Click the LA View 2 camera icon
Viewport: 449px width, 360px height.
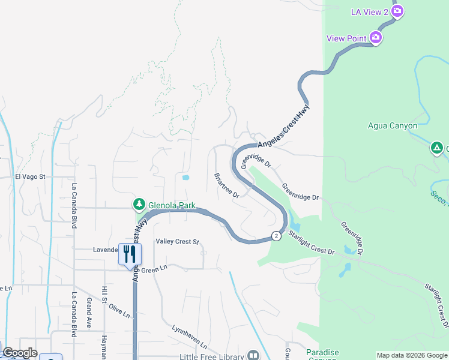(397, 11)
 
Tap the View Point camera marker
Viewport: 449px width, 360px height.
(376, 38)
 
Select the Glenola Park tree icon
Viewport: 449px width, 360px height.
(139, 205)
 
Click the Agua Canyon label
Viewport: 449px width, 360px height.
(392, 125)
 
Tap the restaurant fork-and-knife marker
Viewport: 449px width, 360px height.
(130, 254)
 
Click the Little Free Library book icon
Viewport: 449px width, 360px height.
(253, 356)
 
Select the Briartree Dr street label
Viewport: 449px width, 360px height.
(227, 186)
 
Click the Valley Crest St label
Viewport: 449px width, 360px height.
(177, 241)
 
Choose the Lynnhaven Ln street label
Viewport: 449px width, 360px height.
(189, 337)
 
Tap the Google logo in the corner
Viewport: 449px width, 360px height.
(20, 353)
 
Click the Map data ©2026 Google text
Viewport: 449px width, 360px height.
(412, 355)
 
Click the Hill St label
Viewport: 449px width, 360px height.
(104, 296)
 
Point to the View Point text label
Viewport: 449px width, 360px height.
(346, 38)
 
